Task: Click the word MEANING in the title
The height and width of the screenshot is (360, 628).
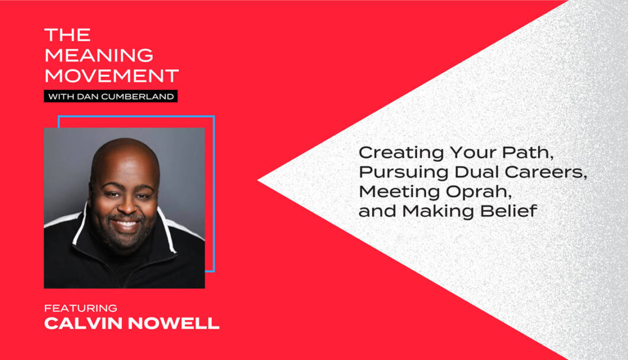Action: pos(99,55)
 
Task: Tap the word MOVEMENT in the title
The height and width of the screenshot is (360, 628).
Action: pos(111,76)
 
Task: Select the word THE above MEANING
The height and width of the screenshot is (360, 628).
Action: pos(68,35)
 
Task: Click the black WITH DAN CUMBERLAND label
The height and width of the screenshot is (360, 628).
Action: pos(111,97)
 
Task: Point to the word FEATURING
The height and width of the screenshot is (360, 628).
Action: pos(81,308)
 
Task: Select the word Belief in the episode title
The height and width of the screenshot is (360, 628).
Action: pos(509,211)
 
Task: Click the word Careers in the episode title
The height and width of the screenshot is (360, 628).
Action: pos(546,172)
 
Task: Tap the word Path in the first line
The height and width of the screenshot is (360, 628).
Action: pos(528,153)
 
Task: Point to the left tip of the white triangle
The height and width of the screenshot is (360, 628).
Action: pos(258,181)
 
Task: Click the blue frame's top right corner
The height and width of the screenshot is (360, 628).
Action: pos(213,117)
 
